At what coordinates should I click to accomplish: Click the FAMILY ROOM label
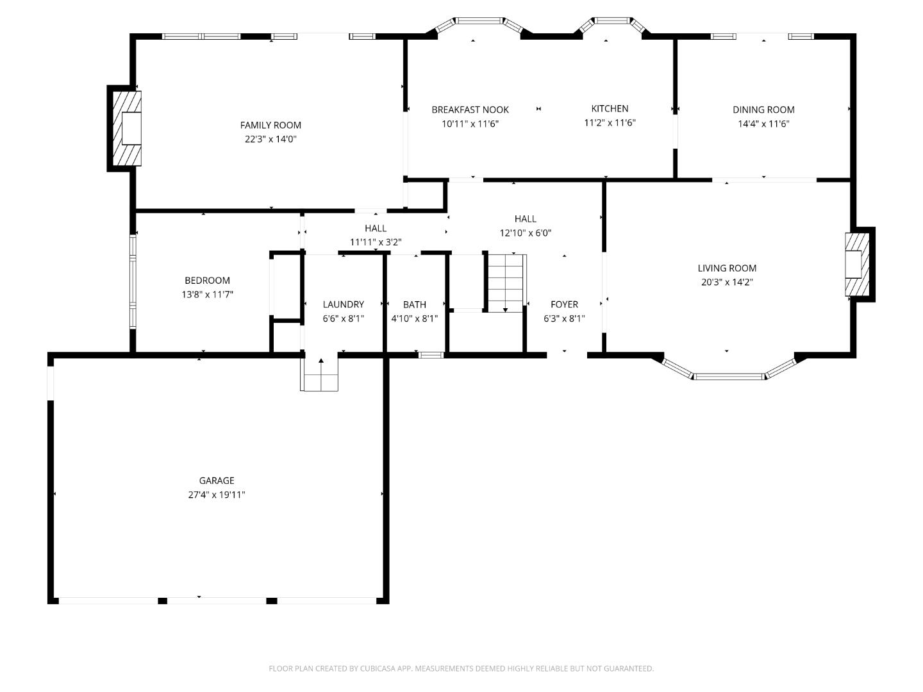point(270,125)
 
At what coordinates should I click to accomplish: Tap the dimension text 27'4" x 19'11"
point(217,495)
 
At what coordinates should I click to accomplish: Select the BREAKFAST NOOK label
point(470,110)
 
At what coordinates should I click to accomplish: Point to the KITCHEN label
point(610,108)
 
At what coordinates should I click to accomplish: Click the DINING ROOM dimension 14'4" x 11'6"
point(763,124)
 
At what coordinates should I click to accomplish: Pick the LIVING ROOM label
point(727,268)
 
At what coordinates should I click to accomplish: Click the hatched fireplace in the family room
point(127,128)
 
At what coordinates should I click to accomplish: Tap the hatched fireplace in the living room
point(857,264)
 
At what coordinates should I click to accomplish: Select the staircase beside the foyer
point(506,283)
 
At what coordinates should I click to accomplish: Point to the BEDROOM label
point(207,280)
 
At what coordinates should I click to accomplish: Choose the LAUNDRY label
point(343,304)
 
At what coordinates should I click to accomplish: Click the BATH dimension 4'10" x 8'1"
point(415,318)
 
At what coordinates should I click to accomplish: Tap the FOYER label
point(564,304)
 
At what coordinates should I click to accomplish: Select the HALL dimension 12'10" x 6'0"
point(525,233)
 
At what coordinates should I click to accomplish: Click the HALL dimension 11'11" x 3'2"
point(376,242)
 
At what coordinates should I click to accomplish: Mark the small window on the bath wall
point(431,356)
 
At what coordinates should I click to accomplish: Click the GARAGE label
point(217,481)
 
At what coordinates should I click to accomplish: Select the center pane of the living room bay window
point(729,377)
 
